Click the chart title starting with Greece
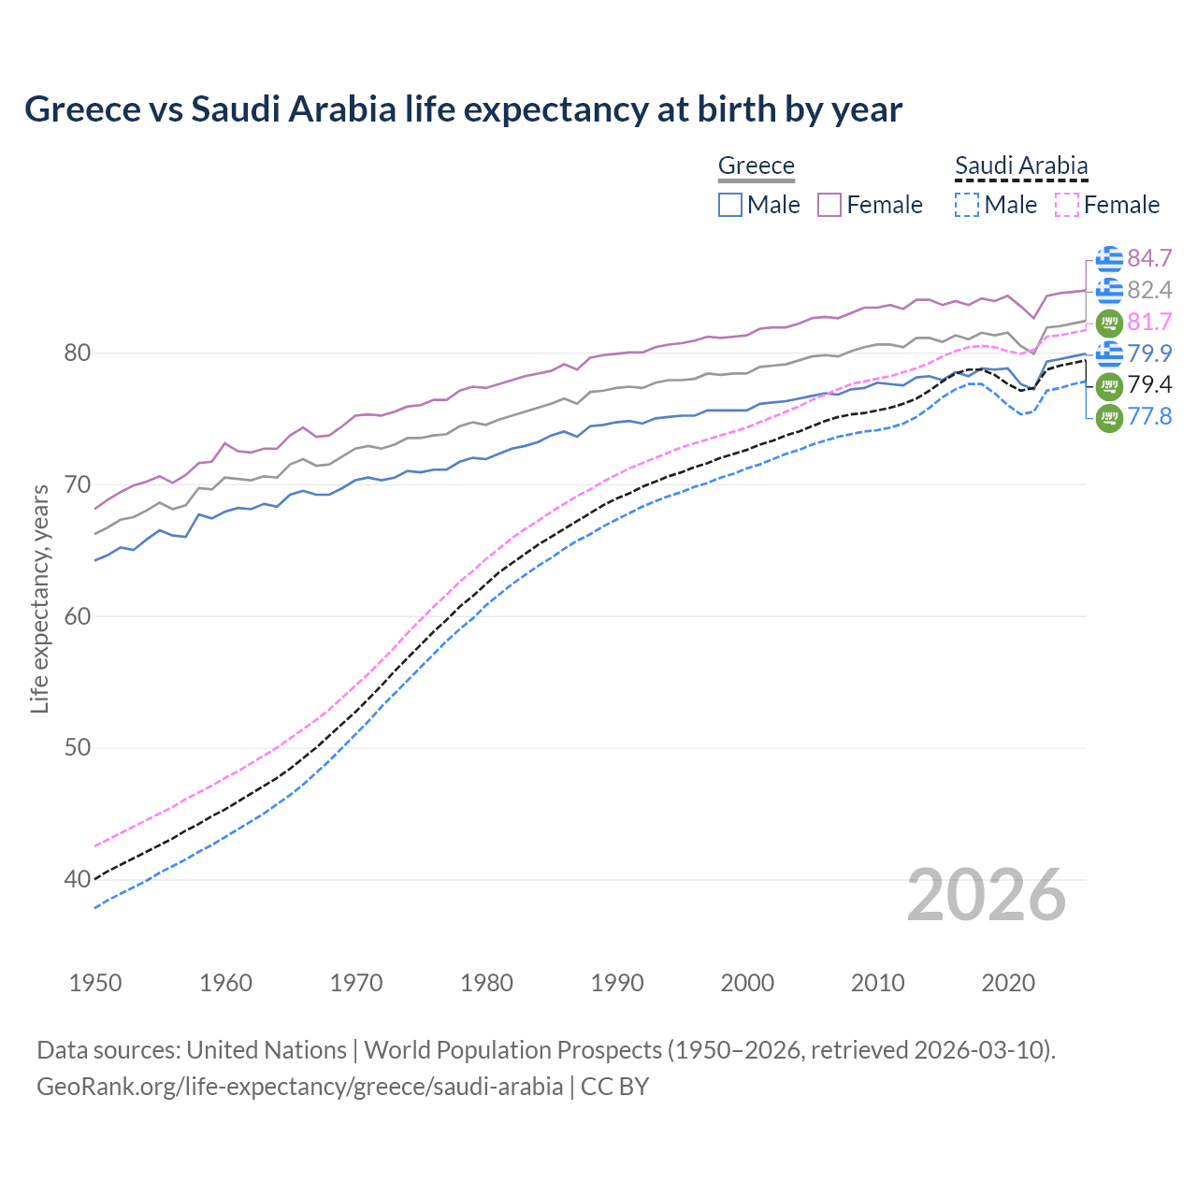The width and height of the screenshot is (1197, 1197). click(x=463, y=109)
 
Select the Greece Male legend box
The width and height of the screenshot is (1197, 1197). click(x=730, y=205)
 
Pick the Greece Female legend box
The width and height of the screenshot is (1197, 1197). click(x=829, y=205)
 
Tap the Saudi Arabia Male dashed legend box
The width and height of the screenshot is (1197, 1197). click(x=967, y=205)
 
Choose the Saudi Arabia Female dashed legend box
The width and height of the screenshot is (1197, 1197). click(x=1067, y=205)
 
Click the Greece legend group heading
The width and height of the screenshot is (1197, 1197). click(x=756, y=166)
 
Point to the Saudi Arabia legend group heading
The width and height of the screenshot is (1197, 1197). click(x=1021, y=166)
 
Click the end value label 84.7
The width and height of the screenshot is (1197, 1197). click(x=1149, y=259)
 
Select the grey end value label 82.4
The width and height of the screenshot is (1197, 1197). click(x=1149, y=291)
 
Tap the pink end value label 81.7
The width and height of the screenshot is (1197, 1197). click(x=1149, y=323)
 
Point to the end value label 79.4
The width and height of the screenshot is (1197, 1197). click(x=1149, y=385)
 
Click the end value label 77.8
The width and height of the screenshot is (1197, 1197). click(x=1149, y=417)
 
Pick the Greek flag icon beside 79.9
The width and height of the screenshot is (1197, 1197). click(x=1109, y=353)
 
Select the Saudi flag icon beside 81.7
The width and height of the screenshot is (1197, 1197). click(x=1109, y=323)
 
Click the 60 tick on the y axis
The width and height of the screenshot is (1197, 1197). click(x=78, y=616)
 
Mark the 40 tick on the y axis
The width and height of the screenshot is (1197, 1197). click(x=78, y=880)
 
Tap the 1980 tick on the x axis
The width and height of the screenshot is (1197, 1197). click(x=487, y=983)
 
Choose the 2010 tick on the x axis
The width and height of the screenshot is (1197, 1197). click(x=877, y=983)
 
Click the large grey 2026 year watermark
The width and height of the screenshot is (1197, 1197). click(x=987, y=895)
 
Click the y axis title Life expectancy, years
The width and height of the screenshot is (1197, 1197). click(x=39, y=598)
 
